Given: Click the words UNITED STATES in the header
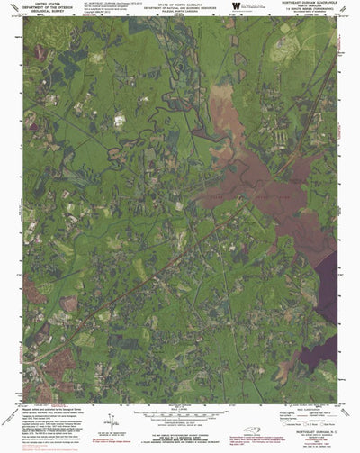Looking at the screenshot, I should [37, 4].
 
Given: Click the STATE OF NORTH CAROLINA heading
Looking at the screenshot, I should [180, 4].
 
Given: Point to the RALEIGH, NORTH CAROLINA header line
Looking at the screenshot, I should [180, 12].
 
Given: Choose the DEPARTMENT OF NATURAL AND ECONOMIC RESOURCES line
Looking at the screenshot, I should [180, 8].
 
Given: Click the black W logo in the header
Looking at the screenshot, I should [236, 7].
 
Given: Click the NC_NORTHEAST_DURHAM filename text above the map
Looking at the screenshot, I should [106, 4].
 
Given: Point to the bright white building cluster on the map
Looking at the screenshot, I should [120, 117].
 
